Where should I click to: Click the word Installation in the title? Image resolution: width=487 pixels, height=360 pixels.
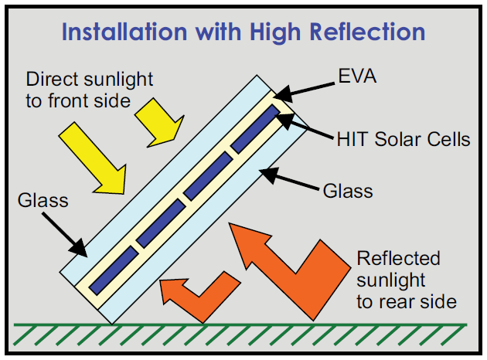[124, 32]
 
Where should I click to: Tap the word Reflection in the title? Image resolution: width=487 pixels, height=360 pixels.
[367, 32]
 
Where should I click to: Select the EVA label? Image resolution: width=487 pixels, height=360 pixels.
[357, 76]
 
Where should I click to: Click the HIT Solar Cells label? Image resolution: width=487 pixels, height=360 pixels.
[404, 139]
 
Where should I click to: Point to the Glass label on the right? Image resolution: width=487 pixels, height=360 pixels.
[348, 191]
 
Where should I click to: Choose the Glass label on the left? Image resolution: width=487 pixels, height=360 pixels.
[43, 200]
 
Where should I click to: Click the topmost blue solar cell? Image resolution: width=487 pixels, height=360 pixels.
[256, 129]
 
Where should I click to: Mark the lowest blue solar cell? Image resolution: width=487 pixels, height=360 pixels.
[114, 270]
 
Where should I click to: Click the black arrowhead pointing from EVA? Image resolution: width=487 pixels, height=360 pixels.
[283, 93]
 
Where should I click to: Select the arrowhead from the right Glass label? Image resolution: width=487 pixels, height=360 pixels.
[269, 175]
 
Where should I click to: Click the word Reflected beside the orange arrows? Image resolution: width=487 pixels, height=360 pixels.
[398, 258]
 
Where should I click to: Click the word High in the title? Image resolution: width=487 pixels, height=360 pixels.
[275, 32]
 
